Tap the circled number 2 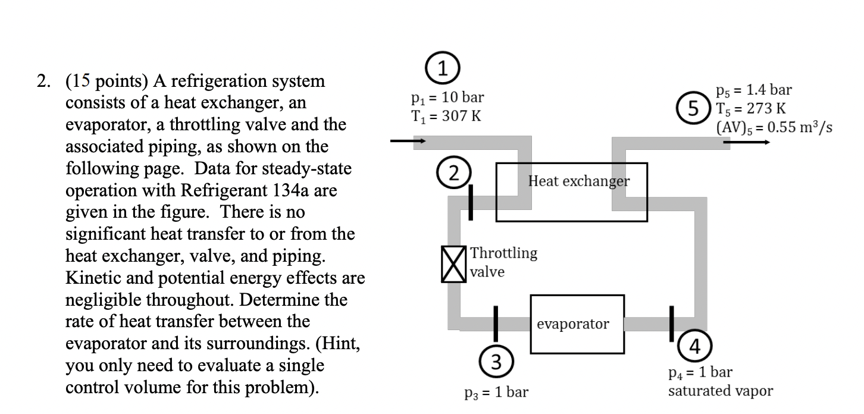(455, 174)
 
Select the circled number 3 (495, 360)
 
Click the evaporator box (577, 324)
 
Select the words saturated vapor (721, 391)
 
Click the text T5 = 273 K (752, 109)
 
